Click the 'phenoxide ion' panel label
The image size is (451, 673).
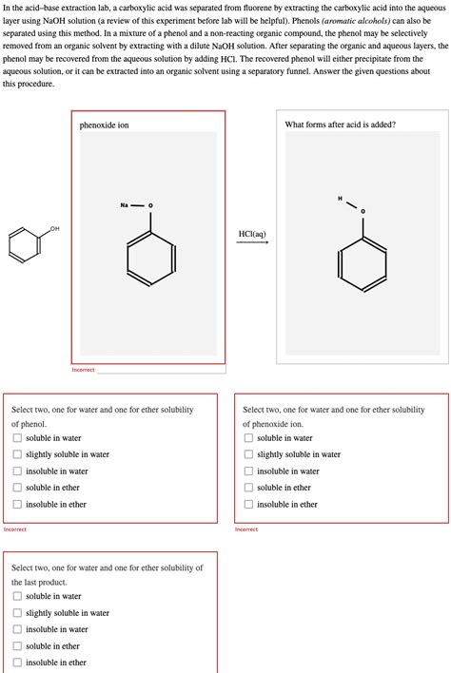pos(104,125)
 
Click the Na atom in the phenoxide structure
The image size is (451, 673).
pos(125,205)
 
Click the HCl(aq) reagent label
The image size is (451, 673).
pos(252,232)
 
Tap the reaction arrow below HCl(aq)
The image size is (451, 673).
pos(252,242)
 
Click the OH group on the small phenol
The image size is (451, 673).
pos(53,229)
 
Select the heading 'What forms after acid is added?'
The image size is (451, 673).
pos(340,125)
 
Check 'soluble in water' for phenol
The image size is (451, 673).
pos(17,438)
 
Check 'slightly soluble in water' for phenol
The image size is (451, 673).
pos(17,454)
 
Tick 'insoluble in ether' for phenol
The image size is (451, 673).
pos(17,505)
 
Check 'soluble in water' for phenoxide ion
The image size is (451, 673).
pos(248,438)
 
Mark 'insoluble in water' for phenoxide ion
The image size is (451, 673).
pos(248,471)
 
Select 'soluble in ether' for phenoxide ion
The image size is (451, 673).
pos(248,488)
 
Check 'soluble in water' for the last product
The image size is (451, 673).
pos(17,597)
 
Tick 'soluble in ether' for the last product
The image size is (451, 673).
pos(17,646)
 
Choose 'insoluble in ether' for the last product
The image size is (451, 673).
pos(17,663)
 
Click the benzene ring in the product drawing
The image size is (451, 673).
pos(363,261)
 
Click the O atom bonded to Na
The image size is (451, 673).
pos(150,205)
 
